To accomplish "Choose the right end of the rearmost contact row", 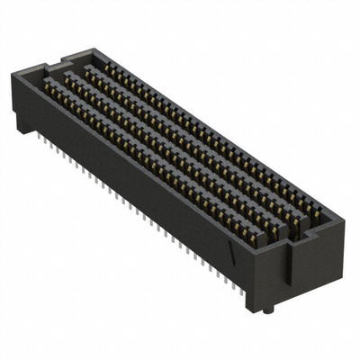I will (x=315, y=216).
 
